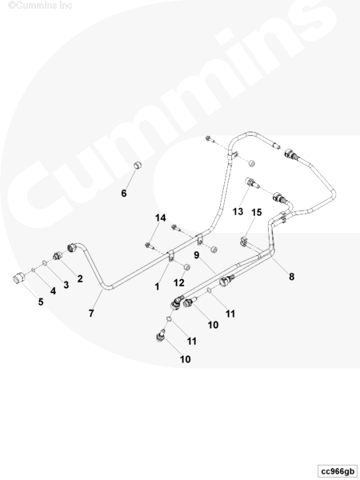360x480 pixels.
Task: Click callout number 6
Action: click(x=124, y=194)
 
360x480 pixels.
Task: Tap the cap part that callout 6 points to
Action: click(x=138, y=166)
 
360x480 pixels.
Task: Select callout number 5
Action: click(x=41, y=302)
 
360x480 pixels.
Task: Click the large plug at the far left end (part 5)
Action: click(x=19, y=278)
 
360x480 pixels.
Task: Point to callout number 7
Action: click(x=91, y=314)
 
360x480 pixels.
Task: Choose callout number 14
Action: click(x=161, y=218)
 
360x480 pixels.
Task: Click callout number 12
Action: click(x=179, y=282)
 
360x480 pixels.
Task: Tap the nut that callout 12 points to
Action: click(x=186, y=267)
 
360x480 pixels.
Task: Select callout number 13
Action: click(x=238, y=211)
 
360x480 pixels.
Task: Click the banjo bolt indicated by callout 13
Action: click(x=252, y=183)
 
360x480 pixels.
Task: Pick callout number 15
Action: click(x=257, y=212)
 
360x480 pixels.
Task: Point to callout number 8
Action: click(x=291, y=277)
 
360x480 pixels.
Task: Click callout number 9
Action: click(x=197, y=255)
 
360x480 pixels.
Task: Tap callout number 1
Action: click(x=157, y=287)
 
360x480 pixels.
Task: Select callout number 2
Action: click(x=80, y=278)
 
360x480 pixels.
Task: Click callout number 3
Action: click(x=66, y=285)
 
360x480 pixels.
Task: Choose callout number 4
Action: click(x=54, y=291)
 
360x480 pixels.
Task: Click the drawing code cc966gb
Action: click(x=337, y=471)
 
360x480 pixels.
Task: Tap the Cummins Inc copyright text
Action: click(x=40, y=5)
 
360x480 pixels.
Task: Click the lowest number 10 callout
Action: click(x=186, y=359)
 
